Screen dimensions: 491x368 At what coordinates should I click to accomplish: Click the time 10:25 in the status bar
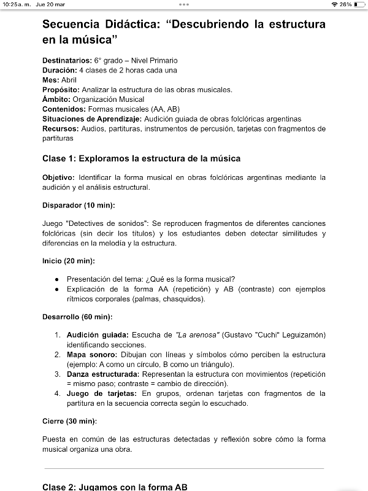[x=10, y=4]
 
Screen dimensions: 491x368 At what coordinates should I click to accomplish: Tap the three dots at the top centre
[x=184, y=4]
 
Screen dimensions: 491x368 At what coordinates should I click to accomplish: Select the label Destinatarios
[x=67, y=61]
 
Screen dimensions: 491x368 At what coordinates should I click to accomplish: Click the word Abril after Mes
[x=69, y=80]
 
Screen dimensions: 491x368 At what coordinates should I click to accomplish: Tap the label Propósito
[x=61, y=90]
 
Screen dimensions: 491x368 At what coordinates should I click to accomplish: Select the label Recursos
[x=60, y=129]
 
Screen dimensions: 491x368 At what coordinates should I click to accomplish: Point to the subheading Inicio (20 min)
[x=68, y=261]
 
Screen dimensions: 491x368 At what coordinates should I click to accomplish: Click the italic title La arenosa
[x=197, y=334]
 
